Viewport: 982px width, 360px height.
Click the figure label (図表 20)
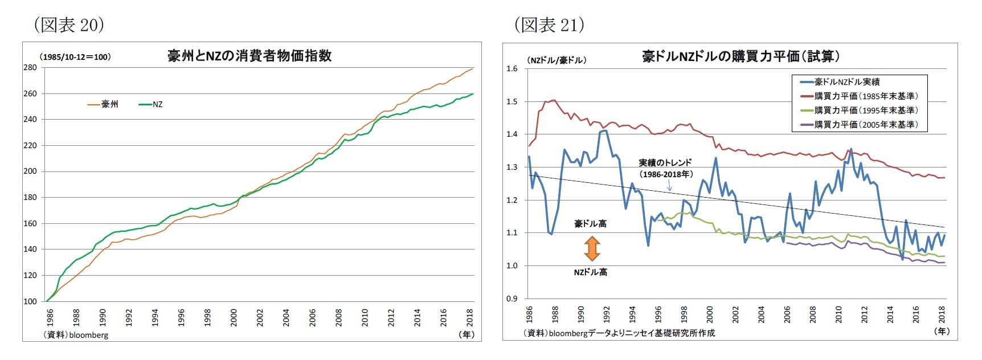tap(69, 24)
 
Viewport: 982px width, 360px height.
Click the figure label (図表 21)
tap(549, 24)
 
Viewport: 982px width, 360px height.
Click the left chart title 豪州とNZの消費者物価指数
tap(249, 56)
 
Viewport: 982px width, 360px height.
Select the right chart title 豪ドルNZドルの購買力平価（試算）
tap(740, 56)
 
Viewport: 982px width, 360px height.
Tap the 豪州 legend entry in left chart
tap(103, 104)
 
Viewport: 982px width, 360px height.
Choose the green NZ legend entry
tap(151, 104)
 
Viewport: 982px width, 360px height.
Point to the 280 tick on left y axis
tap(30, 68)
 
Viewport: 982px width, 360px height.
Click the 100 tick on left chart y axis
tap(30, 301)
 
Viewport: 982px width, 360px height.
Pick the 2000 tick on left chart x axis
tap(234, 317)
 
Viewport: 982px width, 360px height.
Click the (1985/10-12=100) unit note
tap(75, 57)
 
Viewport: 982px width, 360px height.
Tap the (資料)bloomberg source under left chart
tap(76, 335)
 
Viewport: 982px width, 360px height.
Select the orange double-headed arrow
tap(592, 248)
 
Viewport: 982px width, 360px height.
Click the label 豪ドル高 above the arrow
tap(590, 224)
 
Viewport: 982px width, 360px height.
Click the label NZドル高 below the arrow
tap(590, 272)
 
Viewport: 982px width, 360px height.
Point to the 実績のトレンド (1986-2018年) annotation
tap(665, 168)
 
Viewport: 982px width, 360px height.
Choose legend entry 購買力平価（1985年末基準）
tap(860, 96)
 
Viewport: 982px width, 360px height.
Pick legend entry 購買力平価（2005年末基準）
tap(860, 124)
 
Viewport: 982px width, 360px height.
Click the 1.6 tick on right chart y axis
tap(512, 69)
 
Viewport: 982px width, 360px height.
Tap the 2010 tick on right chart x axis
tap(838, 314)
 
